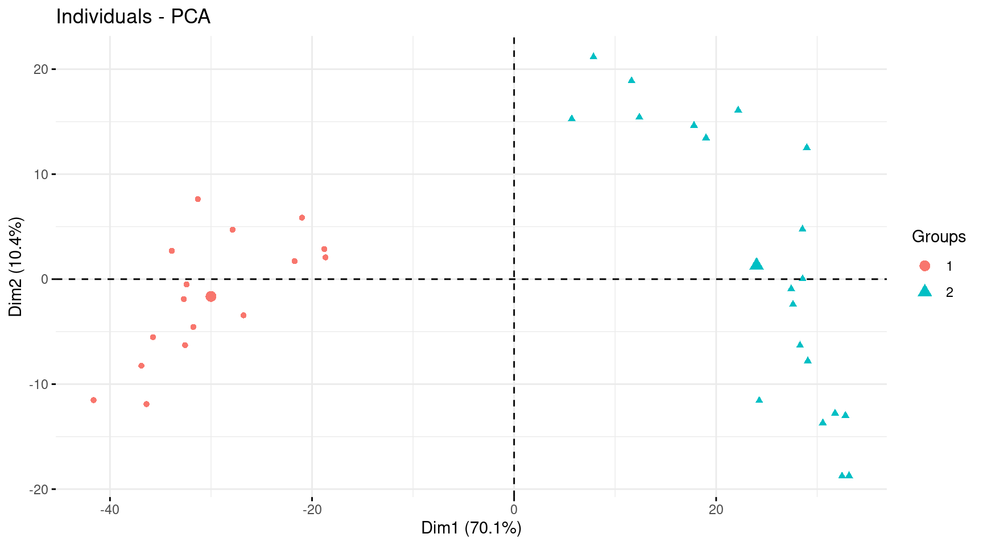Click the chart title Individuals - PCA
click(133, 17)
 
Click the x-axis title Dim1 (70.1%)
click(471, 528)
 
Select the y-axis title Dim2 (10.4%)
click(16, 267)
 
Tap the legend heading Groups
click(939, 237)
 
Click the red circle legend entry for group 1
click(925, 266)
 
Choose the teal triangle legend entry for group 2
click(925, 292)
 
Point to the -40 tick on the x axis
click(110, 510)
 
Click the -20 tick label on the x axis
click(312, 510)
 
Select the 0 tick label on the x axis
click(514, 510)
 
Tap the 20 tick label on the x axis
click(716, 510)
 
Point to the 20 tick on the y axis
click(41, 69)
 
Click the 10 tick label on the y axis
click(41, 174)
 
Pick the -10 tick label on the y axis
click(39, 384)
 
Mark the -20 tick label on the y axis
click(39, 489)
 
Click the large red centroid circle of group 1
click(211, 296)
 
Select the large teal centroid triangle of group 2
click(757, 264)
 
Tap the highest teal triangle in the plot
click(593, 56)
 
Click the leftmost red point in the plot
click(94, 400)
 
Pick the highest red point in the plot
click(198, 199)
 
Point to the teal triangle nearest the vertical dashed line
click(572, 118)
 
